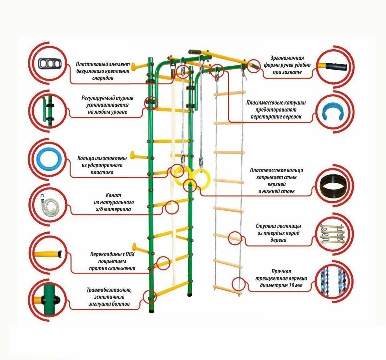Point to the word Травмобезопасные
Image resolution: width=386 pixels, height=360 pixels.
click(109, 290)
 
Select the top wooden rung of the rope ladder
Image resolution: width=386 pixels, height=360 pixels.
click(230, 93)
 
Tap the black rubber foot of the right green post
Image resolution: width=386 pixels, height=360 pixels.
click(190, 294)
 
